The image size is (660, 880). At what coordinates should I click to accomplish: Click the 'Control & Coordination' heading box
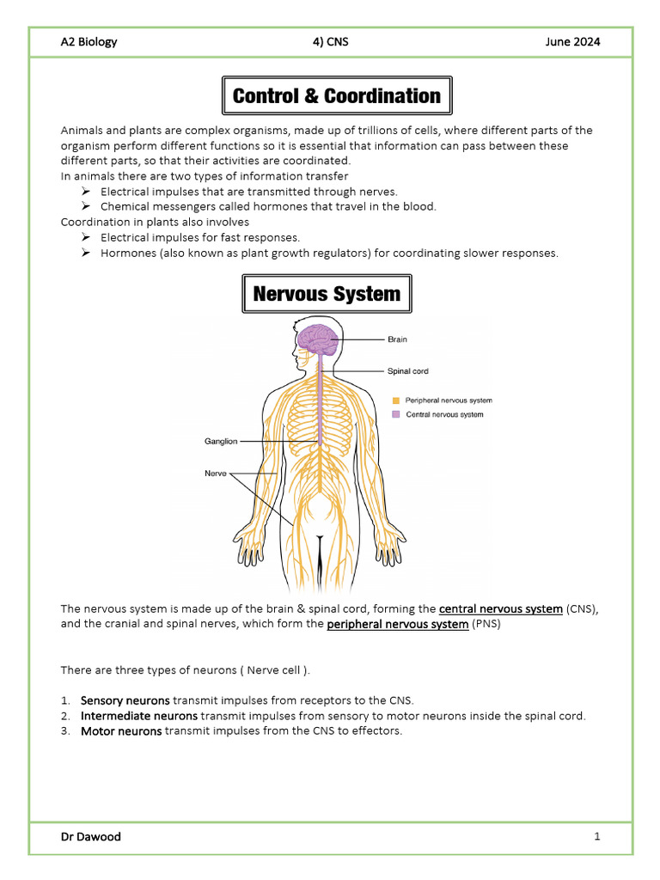click(x=336, y=96)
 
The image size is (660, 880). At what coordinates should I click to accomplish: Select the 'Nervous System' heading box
click(x=327, y=294)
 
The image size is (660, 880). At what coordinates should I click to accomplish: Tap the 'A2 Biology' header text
click(x=89, y=42)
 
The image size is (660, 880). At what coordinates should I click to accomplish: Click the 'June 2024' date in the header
click(x=572, y=42)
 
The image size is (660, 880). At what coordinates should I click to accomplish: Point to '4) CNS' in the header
click(x=331, y=42)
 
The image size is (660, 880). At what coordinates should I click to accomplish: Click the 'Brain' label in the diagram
click(x=397, y=339)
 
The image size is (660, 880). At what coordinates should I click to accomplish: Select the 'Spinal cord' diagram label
click(x=407, y=371)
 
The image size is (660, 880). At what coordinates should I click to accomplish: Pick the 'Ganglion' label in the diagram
click(x=220, y=442)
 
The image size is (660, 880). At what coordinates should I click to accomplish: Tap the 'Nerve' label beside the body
click(x=216, y=473)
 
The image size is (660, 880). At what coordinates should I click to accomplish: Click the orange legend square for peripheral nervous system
click(x=396, y=400)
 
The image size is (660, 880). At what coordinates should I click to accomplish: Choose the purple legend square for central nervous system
click(x=396, y=414)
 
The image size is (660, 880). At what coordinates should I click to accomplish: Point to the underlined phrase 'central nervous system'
click(x=501, y=609)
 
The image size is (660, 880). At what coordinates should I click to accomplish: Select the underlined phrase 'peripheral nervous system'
click(x=398, y=625)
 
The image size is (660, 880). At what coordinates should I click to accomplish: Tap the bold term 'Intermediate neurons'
click(x=139, y=716)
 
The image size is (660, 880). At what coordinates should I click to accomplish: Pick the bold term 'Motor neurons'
click(x=121, y=731)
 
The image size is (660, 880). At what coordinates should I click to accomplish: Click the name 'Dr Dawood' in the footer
click(x=90, y=836)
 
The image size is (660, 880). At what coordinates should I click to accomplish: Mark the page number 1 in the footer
click(x=596, y=836)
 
